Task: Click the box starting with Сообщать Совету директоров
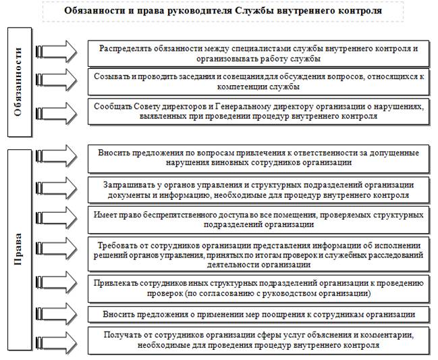[x=258, y=111]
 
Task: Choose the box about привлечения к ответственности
[x=258, y=157]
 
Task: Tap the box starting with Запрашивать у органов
[x=258, y=189]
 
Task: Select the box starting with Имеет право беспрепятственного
[x=258, y=219]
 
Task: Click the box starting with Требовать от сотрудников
[x=258, y=253]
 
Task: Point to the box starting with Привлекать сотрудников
[x=258, y=287]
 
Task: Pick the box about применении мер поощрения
[x=258, y=315]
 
